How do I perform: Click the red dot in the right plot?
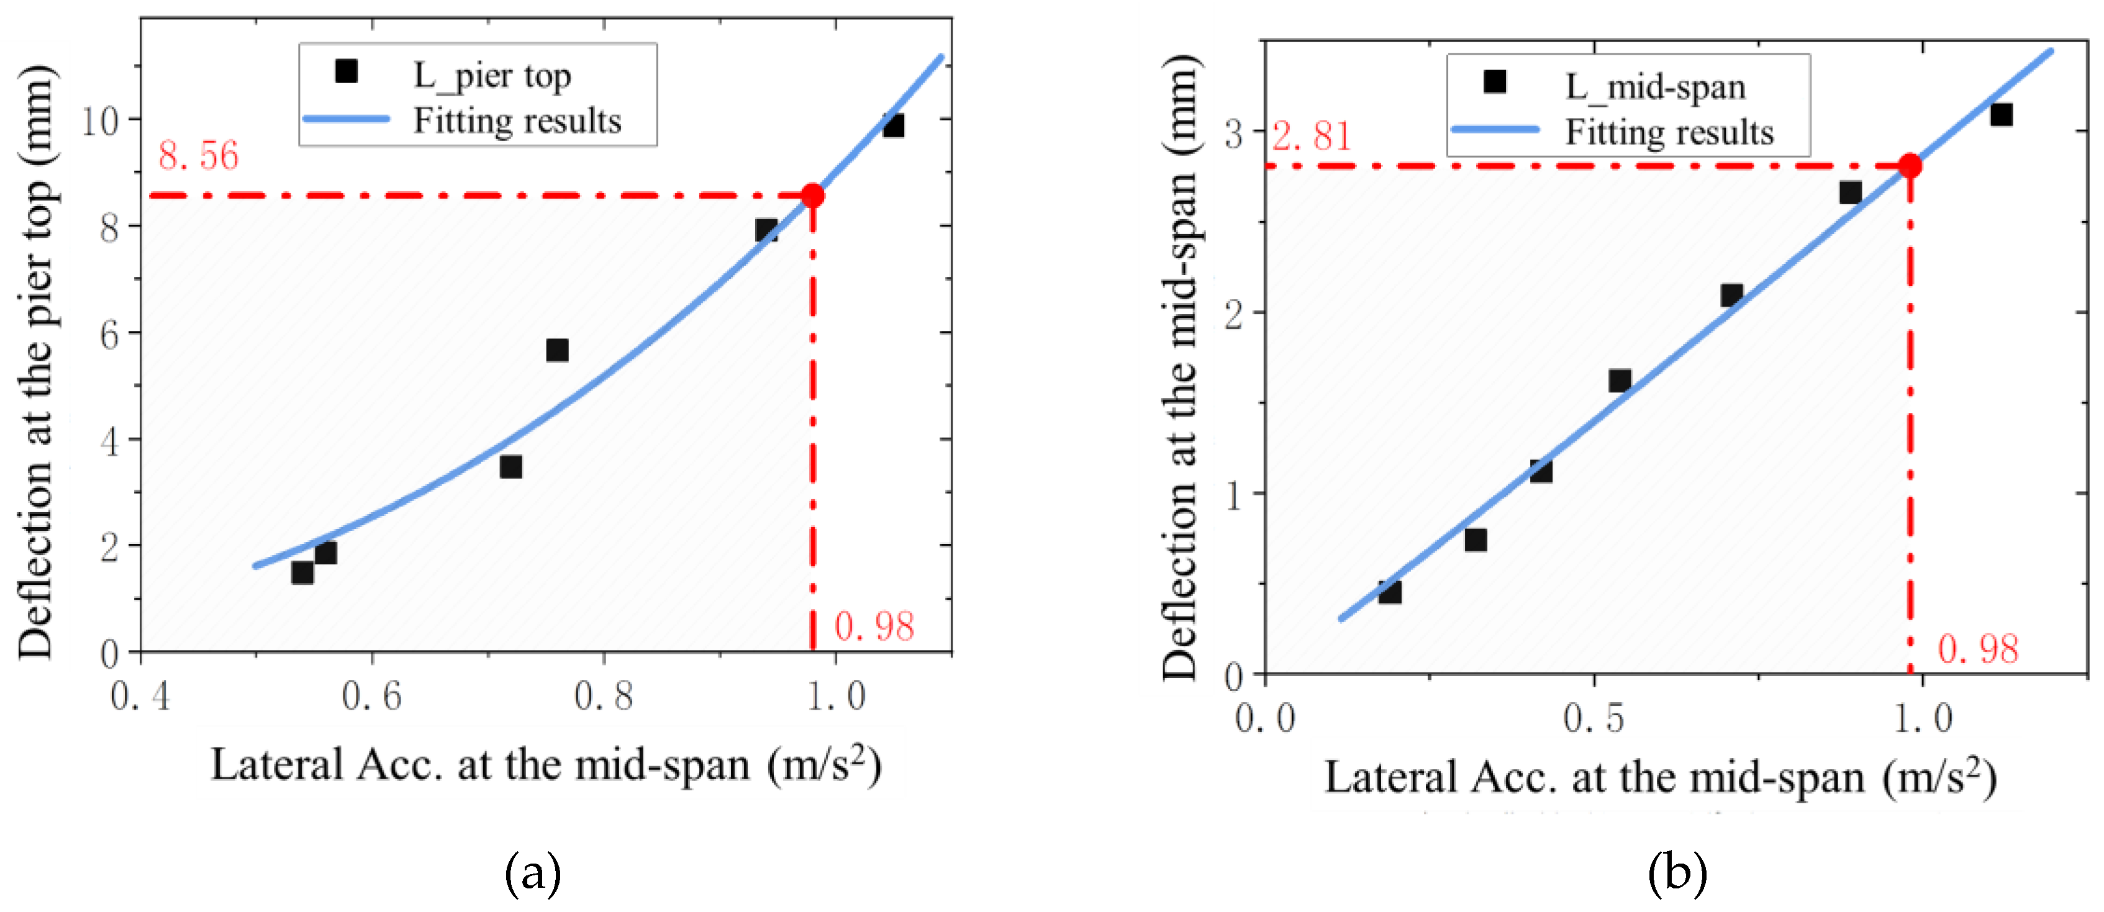pos(1910,166)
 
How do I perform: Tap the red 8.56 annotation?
pos(199,156)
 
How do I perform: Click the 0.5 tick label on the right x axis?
pos(1593,718)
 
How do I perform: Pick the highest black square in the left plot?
pos(893,126)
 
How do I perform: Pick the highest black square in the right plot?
pos(2001,115)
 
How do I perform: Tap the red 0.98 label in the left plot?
pos(874,627)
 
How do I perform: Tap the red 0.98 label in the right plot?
pos(1977,650)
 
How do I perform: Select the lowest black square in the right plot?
pos(1389,592)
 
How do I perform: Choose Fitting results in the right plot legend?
pos(1669,132)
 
